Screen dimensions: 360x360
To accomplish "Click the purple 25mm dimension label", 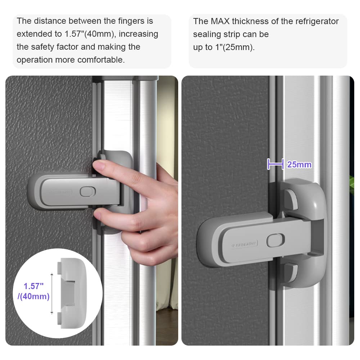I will (x=299, y=165).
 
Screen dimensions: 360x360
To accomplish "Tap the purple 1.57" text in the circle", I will (x=33, y=287).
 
